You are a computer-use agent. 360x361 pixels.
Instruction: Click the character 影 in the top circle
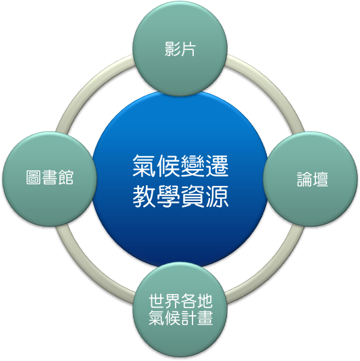[x=172, y=49]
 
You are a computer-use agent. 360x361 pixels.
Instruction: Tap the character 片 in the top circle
[x=188, y=49]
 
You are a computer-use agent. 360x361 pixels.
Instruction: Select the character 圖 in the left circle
[x=34, y=177]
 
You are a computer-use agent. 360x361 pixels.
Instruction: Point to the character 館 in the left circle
[x=66, y=177]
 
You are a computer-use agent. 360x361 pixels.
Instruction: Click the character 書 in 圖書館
[x=50, y=177]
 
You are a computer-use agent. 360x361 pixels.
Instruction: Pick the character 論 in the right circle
[x=305, y=179]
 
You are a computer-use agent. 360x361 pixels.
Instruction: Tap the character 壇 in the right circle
[x=320, y=179]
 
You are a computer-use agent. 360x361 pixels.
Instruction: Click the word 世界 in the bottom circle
[x=165, y=301]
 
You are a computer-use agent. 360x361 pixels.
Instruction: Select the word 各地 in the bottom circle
[x=197, y=301]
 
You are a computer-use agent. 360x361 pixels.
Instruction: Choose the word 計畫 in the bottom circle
[x=197, y=318]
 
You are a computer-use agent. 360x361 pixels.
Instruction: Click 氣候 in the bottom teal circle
[x=165, y=318]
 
